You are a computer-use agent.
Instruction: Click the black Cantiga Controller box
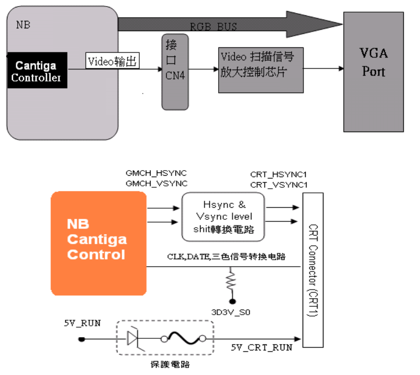37,70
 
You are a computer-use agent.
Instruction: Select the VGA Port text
374,62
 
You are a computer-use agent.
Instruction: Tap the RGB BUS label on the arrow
213,26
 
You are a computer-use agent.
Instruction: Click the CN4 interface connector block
175,72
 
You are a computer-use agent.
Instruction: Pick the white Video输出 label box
113,61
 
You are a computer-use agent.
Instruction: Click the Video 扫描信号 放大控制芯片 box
261,70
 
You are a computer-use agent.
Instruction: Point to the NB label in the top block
23,25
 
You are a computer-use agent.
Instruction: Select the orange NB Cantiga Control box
99,243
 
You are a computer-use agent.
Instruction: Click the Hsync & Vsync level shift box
223,217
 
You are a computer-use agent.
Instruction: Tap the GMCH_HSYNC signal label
156,173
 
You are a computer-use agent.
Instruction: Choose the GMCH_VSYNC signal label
157,184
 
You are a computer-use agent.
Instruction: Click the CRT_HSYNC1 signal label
279,174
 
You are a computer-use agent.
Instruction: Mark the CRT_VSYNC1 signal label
279,185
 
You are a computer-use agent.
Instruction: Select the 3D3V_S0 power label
231,312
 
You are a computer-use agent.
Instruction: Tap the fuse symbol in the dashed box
183,338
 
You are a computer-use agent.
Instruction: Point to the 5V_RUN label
82,323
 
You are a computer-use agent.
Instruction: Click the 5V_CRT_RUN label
262,348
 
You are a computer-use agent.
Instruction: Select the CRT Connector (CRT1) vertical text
313,270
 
